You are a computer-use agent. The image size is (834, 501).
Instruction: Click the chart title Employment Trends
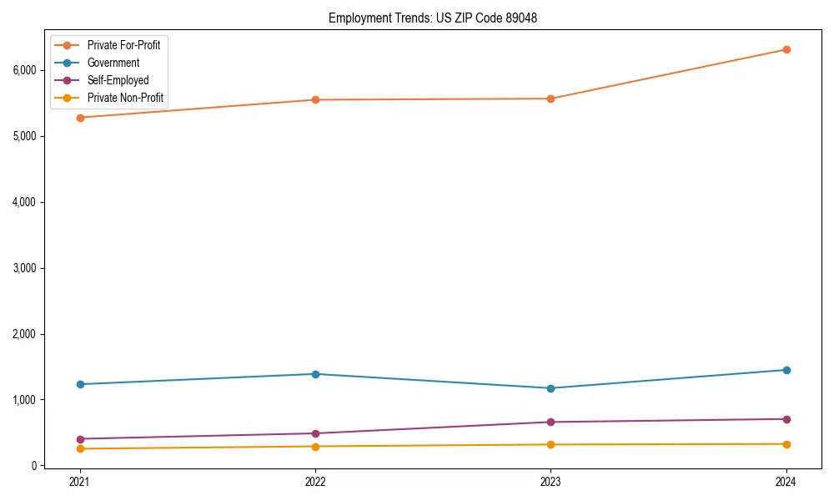click(427, 18)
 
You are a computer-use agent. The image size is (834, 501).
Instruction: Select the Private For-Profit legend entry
click(123, 45)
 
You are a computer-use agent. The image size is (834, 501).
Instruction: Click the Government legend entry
click(113, 63)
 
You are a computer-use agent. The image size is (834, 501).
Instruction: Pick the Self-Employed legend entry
click(118, 80)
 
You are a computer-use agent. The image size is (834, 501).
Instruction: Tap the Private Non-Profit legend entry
click(125, 99)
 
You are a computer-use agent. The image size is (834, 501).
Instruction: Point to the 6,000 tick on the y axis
click(24, 70)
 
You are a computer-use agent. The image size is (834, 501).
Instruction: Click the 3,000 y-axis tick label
click(24, 268)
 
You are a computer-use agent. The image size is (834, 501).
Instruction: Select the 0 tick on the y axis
click(33, 466)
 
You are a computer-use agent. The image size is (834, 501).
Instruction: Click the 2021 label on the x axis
click(80, 482)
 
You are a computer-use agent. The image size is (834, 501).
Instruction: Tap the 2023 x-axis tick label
click(550, 482)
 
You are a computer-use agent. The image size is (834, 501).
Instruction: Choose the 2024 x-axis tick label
click(786, 482)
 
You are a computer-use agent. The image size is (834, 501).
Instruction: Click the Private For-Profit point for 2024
click(786, 49)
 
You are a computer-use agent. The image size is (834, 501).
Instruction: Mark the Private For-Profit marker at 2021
click(80, 118)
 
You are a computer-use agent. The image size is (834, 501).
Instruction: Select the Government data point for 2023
click(550, 388)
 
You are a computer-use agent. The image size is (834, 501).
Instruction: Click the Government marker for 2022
click(315, 374)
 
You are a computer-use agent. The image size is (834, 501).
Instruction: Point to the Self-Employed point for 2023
click(550, 422)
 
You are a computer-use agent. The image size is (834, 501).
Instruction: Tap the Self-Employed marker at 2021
click(80, 439)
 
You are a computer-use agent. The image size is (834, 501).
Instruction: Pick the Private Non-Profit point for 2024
click(786, 444)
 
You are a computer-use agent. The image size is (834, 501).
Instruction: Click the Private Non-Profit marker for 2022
click(315, 447)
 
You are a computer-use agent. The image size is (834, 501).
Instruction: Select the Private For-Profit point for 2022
click(315, 100)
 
